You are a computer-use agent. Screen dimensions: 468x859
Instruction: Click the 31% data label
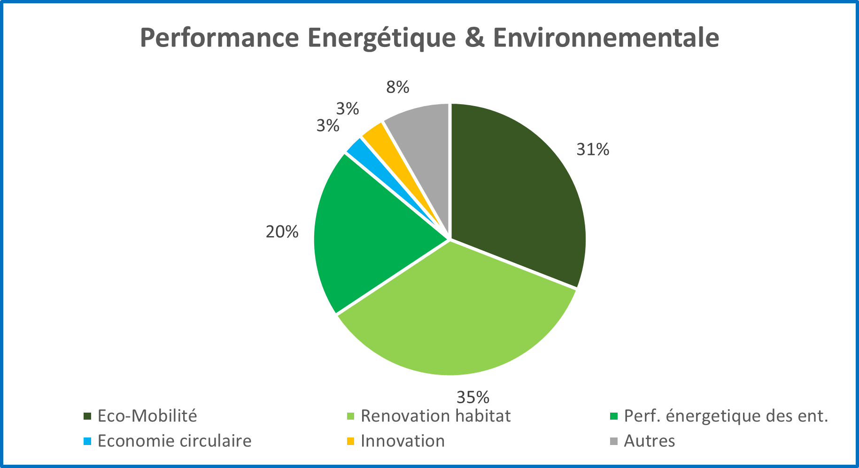[593, 150]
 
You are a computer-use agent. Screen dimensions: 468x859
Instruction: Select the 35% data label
[473, 398]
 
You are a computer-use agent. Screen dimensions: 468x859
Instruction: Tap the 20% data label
[282, 232]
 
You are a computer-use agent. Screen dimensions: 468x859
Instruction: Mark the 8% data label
[398, 87]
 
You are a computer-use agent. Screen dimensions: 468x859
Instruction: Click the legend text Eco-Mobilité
[147, 416]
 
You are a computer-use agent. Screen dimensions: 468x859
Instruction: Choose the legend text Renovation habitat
[435, 416]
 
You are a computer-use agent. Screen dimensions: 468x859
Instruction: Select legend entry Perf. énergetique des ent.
[726, 416]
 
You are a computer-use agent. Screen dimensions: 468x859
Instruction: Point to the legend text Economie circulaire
[174, 441]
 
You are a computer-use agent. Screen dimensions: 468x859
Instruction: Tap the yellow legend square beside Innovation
[350, 441]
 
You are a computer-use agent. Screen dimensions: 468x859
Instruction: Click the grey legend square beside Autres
[613, 441]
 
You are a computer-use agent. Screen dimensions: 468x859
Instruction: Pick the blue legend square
[87, 441]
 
